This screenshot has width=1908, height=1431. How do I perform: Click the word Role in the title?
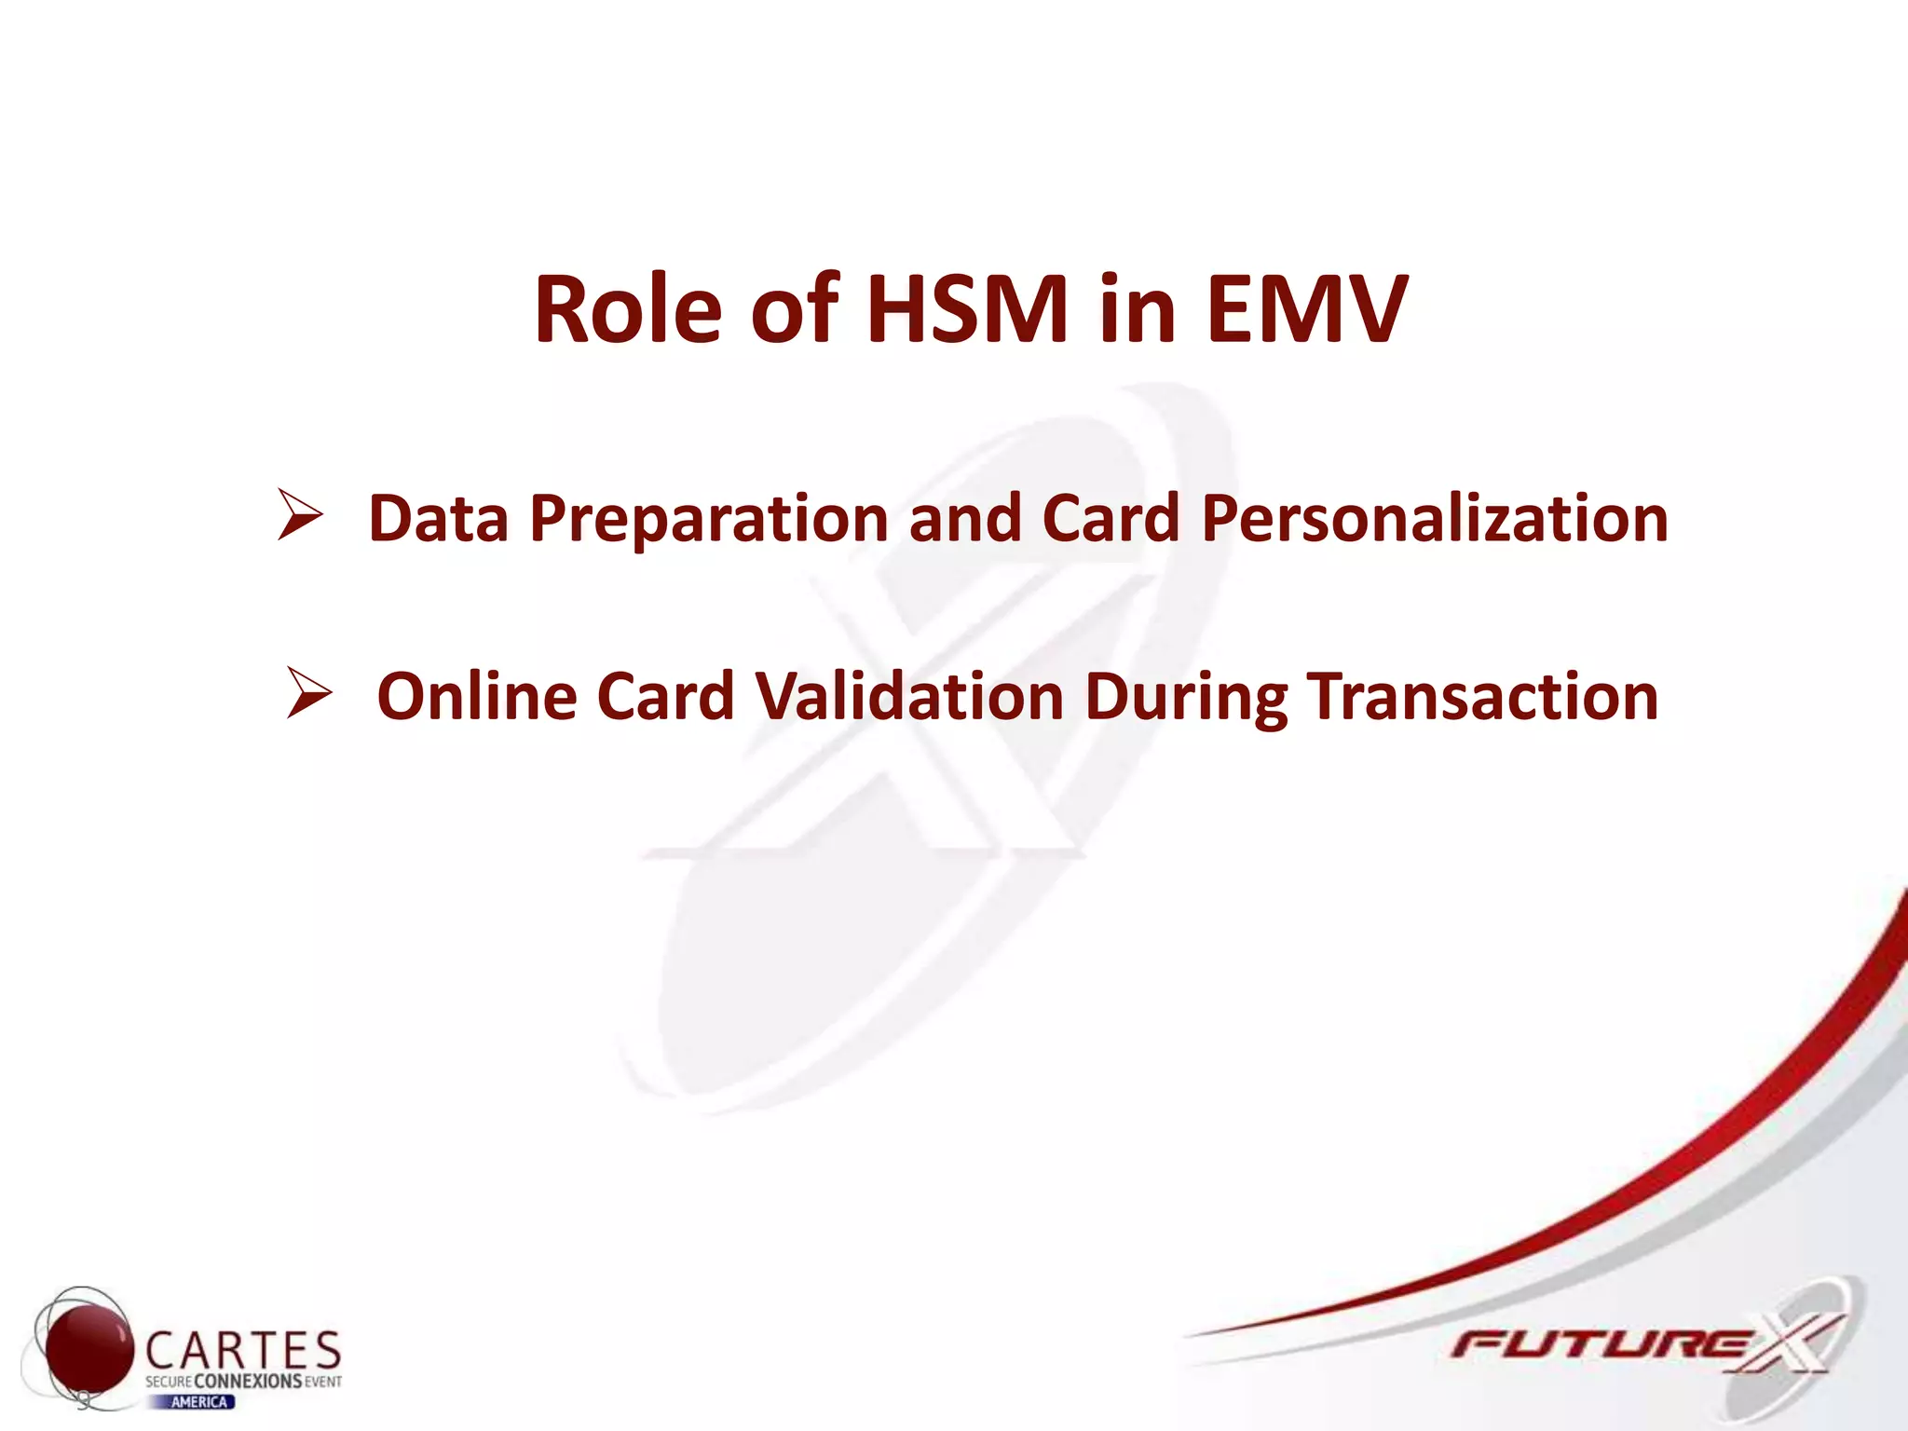point(628,309)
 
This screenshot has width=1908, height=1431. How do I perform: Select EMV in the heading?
point(1306,309)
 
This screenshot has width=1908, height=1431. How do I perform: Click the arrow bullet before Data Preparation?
point(300,516)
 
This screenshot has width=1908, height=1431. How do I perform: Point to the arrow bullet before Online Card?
point(309,693)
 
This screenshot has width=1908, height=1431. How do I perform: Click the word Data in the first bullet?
point(439,518)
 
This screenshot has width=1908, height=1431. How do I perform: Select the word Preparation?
point(709,520)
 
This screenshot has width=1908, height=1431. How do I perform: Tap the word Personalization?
point(1435,518)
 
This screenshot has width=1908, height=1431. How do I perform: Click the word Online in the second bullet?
point(476,697)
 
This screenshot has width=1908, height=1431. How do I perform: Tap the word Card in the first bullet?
point(1111,518)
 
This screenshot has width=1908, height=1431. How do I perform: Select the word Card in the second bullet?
point(665,697)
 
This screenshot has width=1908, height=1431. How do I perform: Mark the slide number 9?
point(84,1399)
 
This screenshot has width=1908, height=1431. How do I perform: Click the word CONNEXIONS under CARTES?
point(248,1381)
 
